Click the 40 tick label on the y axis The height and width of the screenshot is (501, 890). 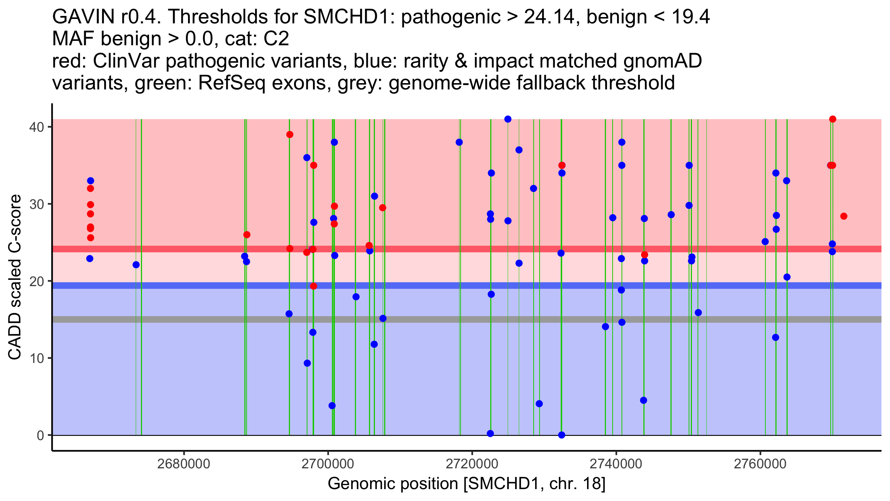(37, 127)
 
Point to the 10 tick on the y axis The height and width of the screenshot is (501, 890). (50, 358)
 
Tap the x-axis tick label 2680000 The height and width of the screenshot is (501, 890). (184, 464)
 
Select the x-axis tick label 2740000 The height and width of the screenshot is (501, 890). (616, 464)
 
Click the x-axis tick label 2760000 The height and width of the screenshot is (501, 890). (761, 464)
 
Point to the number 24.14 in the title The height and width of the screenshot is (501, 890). (550, 17)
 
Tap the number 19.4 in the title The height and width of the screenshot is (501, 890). (690, 17)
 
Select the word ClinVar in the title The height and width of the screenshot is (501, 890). (127, 61)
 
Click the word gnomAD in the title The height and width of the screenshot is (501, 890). (662, 61)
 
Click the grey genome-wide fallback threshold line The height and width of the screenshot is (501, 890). (467, 320)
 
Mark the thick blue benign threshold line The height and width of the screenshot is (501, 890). (467, 285)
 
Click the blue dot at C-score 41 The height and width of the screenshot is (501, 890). (508, 119)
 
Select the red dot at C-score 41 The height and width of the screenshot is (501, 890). (833, 119)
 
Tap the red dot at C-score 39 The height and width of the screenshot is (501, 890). (290, 134)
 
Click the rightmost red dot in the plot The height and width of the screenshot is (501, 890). (844, 216)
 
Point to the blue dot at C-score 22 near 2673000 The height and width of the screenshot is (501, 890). (136, 265)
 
